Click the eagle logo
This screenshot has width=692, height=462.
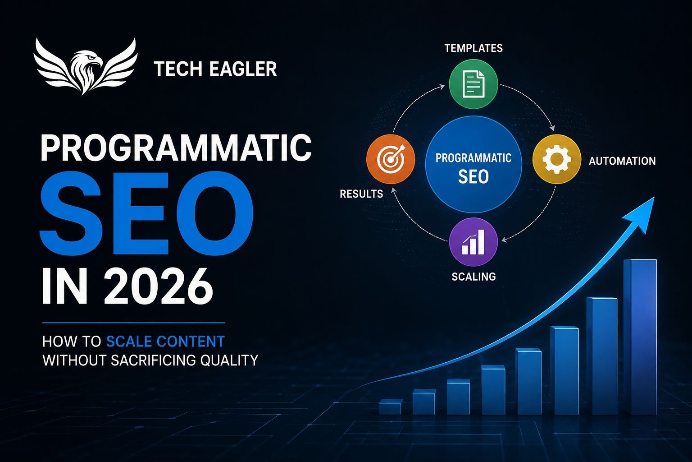[86, 66]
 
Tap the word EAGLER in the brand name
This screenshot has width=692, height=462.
[243, 69]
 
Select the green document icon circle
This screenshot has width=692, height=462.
[473, 84]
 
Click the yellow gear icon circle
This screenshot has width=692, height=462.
[557, 159]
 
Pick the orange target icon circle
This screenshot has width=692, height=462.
[391, 159]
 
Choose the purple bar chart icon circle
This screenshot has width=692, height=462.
[473, 242]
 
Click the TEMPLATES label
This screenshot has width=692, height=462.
[473, 48]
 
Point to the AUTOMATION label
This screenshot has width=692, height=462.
[622, 161]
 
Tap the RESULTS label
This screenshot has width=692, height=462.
[361, 194]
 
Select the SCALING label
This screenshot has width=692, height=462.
[473, 276]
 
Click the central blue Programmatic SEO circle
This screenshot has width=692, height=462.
[473, 164]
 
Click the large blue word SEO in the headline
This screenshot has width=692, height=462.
[147, 214]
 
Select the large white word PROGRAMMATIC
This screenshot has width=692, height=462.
[177, 148]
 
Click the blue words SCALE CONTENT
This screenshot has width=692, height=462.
[165, 342]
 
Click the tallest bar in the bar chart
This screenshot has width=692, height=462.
[640, 337]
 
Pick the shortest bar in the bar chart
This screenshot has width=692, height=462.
[391, 407]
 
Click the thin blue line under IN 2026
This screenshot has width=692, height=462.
[133, 323]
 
